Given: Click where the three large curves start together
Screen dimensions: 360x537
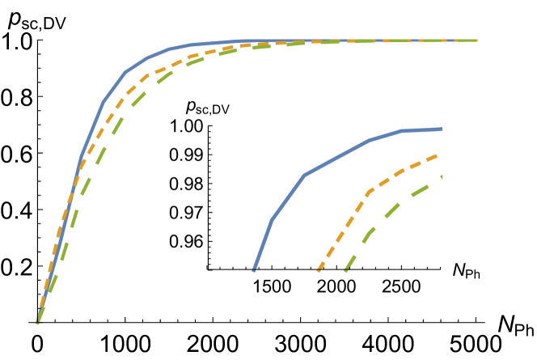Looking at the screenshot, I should pos(37,323).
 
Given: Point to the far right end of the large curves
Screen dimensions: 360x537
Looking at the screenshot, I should pos(476,40).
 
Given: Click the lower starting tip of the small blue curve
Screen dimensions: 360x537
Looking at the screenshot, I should pos(254,270).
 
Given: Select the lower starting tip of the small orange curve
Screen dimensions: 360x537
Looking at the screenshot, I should pos(318,272).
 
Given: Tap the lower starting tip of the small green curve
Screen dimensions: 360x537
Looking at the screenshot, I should pos(345,271).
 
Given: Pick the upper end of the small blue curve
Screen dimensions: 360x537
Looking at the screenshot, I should pos(442,129).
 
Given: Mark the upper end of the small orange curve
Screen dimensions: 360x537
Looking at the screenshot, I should pos(438,155).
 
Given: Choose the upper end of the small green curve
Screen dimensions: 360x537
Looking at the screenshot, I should pos(442,176).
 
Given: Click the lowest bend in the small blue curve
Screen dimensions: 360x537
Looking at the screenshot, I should pos(272,218).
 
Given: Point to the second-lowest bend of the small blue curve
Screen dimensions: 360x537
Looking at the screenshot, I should pos(304,175).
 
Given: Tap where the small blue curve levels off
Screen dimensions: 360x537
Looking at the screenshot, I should pos(401,130).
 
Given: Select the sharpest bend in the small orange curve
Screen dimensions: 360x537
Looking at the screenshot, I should pos(368,192).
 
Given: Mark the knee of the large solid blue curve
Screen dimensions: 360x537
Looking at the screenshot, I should pos(126,72).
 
